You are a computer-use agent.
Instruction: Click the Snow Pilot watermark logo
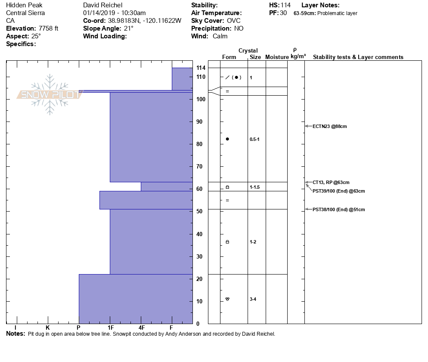50,94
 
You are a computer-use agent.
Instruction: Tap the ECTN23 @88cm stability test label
329,126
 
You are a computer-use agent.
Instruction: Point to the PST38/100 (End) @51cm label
338,209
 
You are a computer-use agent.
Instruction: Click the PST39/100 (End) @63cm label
338,191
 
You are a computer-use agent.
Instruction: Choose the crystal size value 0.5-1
254,139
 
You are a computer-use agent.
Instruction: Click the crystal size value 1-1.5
254,187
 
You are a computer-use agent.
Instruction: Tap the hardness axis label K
47,328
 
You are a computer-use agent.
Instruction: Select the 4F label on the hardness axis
141,328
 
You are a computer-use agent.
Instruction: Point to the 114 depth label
201,68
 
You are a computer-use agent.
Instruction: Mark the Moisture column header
277,57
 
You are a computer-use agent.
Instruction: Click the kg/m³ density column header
298,56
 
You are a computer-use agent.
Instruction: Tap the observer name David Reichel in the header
103,5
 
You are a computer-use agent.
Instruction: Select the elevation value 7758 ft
48,28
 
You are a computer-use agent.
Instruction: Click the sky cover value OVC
234,21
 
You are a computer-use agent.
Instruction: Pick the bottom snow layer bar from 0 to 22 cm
136,299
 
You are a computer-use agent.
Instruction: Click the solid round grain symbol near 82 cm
227,139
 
